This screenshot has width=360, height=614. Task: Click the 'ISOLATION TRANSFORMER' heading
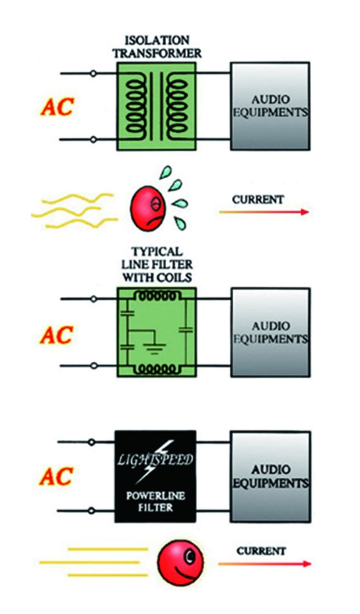click(x=158, y=46)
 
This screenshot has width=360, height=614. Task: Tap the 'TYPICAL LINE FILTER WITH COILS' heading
click(x=157, y=264)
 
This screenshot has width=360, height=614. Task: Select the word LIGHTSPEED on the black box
click(x=155, y=459)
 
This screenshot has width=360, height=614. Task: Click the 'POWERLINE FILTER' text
click(x=155, y=501)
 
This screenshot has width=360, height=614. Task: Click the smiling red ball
click(x=180, y=562)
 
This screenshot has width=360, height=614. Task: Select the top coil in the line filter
click(x=156, y=297)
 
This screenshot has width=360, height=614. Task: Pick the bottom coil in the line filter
click(x=156, y=368)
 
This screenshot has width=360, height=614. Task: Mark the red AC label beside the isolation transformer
click(x=57, y=106)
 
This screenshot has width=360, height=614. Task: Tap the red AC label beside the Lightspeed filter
click(x=56, y=475)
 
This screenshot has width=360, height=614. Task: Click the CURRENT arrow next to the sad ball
click(x=264, y=212)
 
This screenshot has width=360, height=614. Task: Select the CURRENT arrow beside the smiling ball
click(x=265, y=564)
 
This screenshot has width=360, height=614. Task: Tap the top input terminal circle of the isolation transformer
click(x=93, y=73)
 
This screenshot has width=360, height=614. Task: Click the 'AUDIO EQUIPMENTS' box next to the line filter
click(x=270, y=332)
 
